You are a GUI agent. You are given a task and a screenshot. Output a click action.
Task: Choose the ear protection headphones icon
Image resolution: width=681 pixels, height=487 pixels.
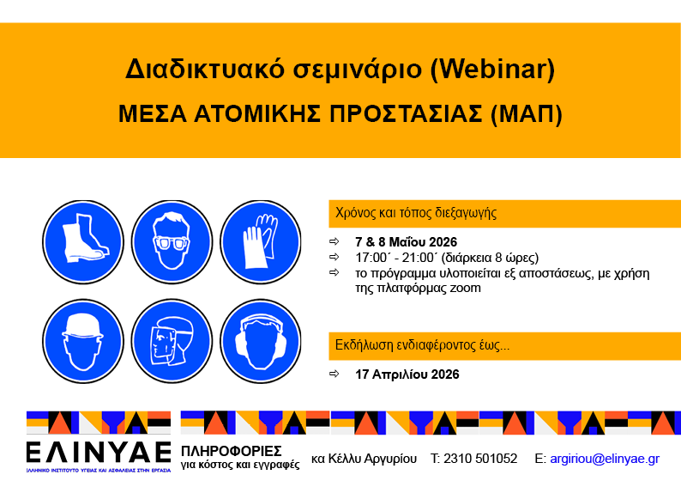(261, 336)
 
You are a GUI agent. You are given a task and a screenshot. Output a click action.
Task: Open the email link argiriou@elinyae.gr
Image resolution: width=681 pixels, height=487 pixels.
(605, 458)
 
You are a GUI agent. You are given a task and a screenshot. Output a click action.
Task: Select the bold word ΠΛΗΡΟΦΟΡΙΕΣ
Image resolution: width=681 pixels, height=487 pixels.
(232, 451)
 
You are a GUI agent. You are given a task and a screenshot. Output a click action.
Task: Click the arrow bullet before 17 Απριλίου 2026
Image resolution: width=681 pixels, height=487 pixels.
(334, 374)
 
